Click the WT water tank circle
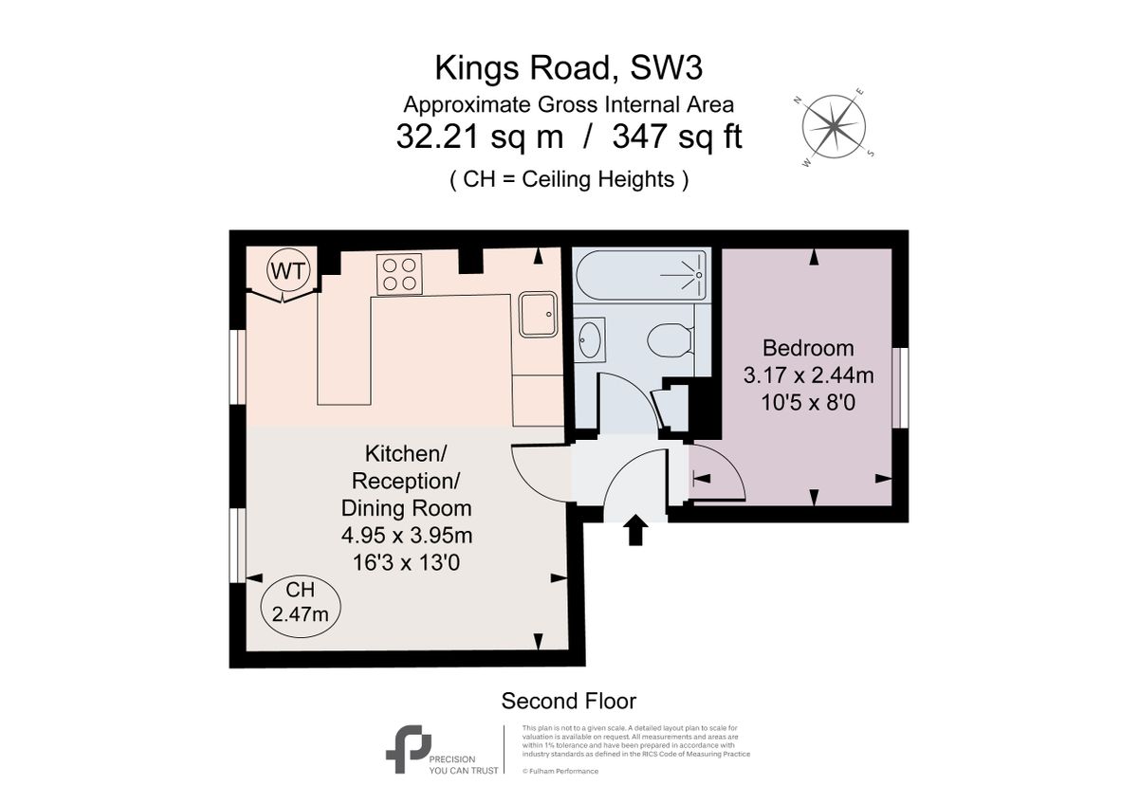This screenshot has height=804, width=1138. (x=289, y=270)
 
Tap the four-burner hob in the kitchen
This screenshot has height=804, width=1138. (x=399, y=274)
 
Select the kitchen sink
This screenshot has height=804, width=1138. (x=540, y=314)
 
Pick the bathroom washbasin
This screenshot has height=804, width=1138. (x=592, y=338)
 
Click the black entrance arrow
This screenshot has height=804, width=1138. (x=634, y=531)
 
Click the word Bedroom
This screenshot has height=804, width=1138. (x=808, y=348)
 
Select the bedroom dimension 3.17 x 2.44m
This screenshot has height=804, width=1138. (x=808, y=375)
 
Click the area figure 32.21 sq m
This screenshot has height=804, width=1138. (x=479, y=137)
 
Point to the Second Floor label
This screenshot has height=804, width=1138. (x=568, y=701)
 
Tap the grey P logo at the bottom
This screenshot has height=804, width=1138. (x=408, y=749)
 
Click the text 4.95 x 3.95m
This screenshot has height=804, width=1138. (x=407, y=536)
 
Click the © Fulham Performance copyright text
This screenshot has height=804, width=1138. (x=560, y=771)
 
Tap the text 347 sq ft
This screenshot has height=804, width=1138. (x=677, y=137)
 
